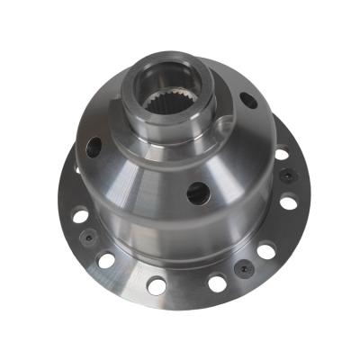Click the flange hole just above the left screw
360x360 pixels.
[x=79, y=216]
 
